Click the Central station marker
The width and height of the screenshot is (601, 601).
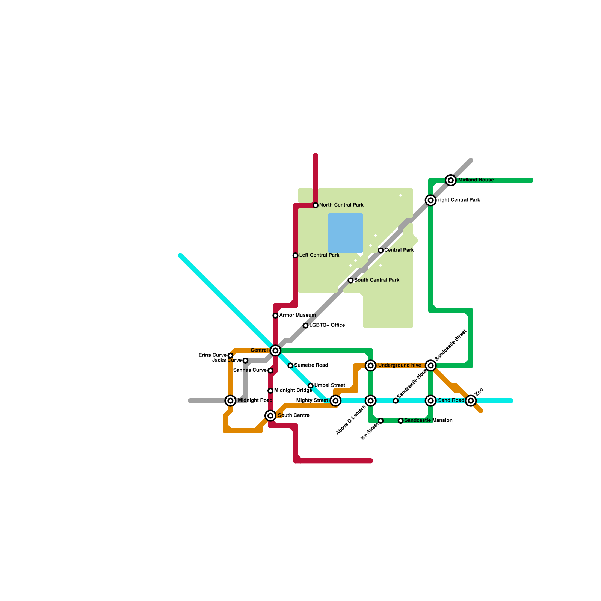point(275,350)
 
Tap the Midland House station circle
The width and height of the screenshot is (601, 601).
point(451,180)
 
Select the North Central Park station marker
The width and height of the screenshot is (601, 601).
point(316,205)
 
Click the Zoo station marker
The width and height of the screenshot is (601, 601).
point(471,401)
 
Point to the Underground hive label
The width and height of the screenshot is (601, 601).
point(399,365)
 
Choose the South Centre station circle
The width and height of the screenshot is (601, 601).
point(270,415)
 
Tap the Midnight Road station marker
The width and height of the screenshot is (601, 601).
point(231,401)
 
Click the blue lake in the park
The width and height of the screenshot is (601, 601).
point(346,233)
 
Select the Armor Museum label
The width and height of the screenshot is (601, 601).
point(297,315)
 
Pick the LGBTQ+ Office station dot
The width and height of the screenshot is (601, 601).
point(305,326)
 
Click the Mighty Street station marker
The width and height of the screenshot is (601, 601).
point(335,401)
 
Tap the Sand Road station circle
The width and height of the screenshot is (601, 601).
point(431,401)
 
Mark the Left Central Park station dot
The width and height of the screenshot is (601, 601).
point(296,255)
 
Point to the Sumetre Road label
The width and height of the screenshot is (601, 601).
point(311,365)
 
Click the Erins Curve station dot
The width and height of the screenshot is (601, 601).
point(230,355)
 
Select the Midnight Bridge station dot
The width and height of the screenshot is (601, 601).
point(270,391)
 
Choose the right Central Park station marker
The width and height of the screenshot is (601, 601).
point(431,200)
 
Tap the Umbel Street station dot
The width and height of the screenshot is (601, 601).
point(311,386)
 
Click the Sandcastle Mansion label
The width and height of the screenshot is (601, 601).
point(428,421)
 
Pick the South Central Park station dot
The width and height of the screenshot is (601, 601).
point(350,281)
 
